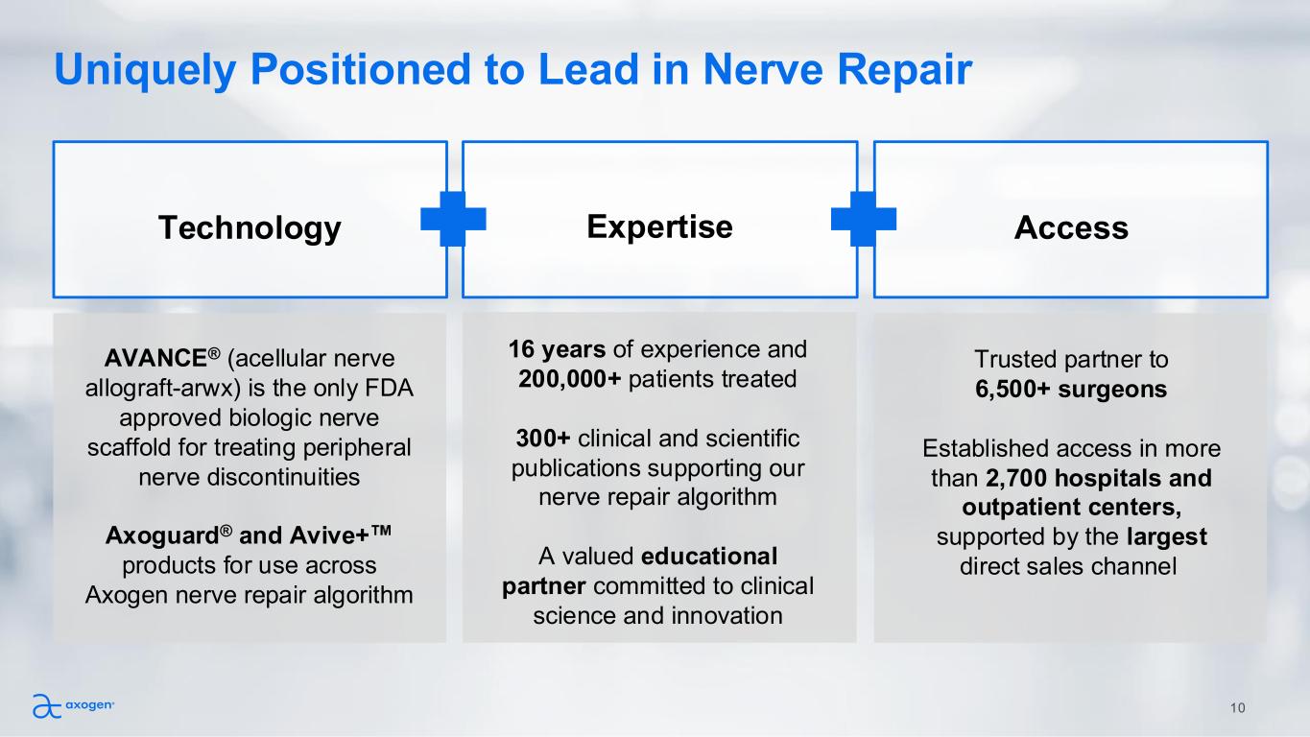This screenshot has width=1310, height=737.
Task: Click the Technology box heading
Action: (250, 228)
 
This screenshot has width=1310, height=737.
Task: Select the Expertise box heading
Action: (659, 226)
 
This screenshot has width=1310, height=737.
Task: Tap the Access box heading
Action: (1071, 228)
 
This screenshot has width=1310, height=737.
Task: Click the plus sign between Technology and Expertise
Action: (454, 219)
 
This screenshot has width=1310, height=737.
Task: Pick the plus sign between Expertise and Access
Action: (864, 219)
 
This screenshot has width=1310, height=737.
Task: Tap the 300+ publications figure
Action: (543, 438)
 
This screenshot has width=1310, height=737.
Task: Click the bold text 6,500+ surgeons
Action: (1070, 390)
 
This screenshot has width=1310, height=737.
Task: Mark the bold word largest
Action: (1166, 536)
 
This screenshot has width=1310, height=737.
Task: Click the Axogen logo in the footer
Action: (74, 706)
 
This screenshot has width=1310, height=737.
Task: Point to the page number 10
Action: (1237, 708)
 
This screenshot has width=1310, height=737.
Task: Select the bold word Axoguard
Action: (153, 535)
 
